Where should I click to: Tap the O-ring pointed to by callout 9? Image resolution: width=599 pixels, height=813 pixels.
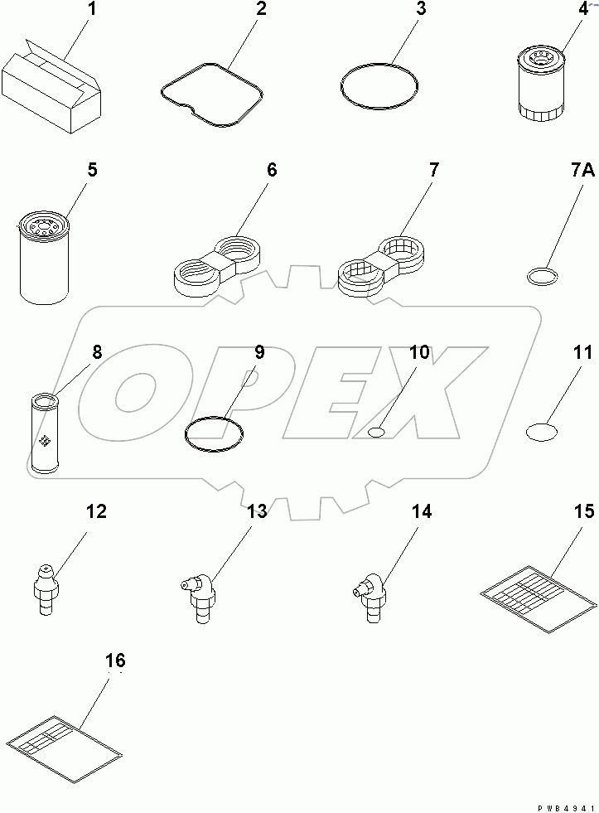pyautogui.click(x=214, y=433)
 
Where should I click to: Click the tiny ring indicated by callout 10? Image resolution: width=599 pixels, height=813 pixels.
pyautogui.click(x=376, y=432)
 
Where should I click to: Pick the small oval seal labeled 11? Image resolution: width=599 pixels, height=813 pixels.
pyautogui.click(x=542, y=432)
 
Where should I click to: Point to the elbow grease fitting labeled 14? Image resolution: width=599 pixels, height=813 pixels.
pyautogui.click(x=368, y=591)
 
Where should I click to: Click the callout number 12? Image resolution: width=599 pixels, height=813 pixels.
pyautogui.click(x=96, y=512)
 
